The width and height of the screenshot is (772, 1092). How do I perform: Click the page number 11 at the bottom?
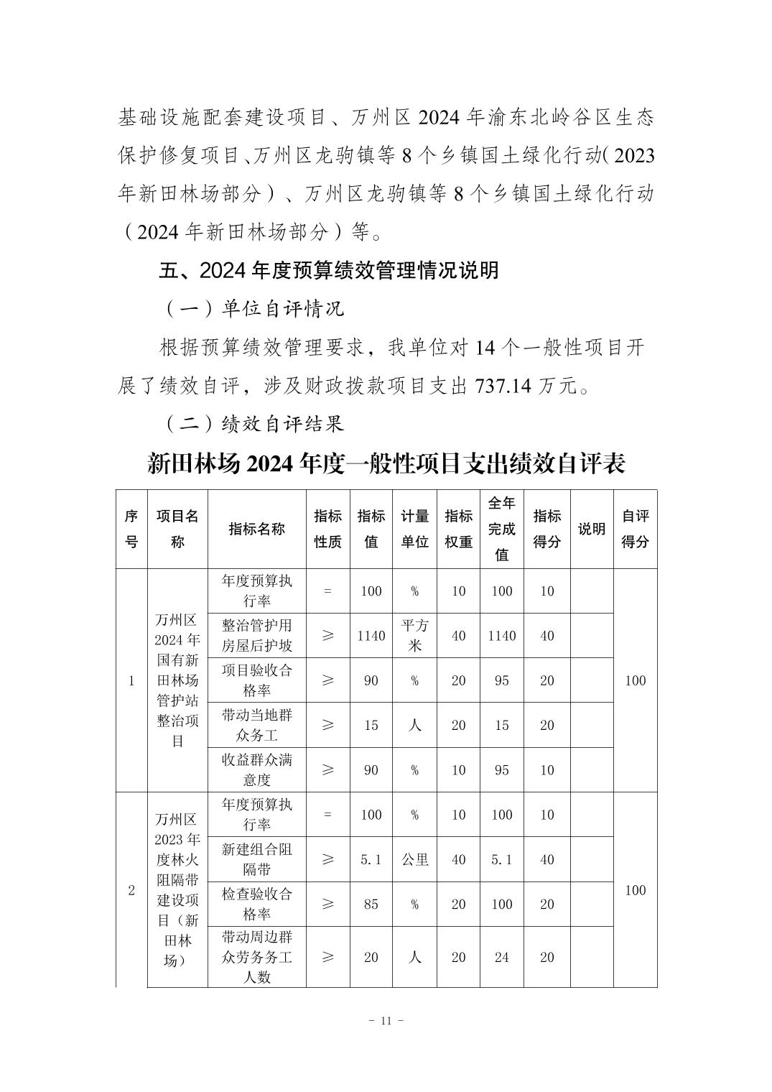(x=386, y=1020)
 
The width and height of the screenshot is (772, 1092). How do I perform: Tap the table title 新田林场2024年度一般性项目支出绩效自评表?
(x=386, y=463)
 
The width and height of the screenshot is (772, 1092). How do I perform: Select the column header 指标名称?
(x=256, y=529)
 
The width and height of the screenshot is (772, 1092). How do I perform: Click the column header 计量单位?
(x=414, y=529)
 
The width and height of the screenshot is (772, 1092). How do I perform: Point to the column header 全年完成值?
(x=501, y=529)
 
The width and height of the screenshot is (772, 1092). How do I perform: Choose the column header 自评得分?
(x=635, y=529)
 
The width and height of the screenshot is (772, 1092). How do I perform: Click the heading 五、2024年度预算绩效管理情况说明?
(x=328, y=271)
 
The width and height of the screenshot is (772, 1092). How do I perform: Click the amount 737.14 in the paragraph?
(x=503, y=386)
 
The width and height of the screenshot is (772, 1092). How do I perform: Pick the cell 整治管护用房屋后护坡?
(x=256, y=635)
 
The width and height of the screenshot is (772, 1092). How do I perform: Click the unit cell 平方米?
(x=414, y=635)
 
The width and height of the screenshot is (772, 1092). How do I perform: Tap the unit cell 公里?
(x=414, y=859)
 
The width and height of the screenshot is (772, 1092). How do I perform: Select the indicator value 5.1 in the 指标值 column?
(x=371, y=859)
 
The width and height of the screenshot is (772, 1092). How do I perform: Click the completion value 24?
(x=501, y=957)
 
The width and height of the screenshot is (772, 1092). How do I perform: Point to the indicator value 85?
(x=371, y=904)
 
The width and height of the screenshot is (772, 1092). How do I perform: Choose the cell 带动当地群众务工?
(x=256, y=725)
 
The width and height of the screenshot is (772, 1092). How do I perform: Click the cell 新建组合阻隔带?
(x=256, y=859)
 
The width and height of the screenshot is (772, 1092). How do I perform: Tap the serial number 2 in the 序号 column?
(x=131, y=891)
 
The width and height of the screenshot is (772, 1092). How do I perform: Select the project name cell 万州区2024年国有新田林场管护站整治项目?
(x=177, y=680)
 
